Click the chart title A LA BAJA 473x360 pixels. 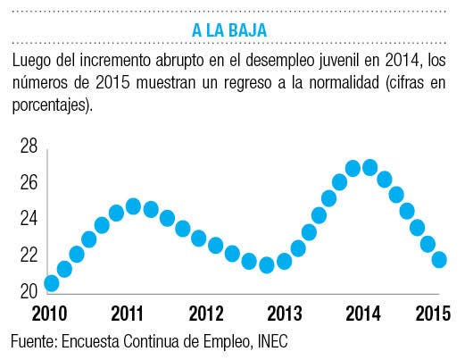[x=229, y=30]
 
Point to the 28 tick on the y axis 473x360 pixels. [x=29, y=146]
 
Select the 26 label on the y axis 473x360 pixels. [x=29, y=182]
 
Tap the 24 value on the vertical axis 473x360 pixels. [x=29, y=218]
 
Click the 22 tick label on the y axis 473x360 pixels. [x=29, y=255]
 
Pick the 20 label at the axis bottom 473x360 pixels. [x=29, y=291]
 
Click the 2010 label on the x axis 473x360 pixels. [x=49, y=314]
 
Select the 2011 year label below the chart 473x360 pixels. [x=127, y=314]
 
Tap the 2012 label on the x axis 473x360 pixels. [x=206, y=314]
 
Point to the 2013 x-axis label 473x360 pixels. [x=285, y=314]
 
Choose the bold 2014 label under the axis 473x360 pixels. [x=363, y=314]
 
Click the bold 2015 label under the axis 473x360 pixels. [x=433, y=314]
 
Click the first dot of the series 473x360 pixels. [x=52, y=283]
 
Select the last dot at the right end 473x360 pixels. [x=439, y=260]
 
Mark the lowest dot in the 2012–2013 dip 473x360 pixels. [x=267, y=265]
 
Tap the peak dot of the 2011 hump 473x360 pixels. [x=133, y=206]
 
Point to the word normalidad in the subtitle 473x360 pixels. [x=344, y=82]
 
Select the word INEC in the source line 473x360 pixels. [x=273, y=341]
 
